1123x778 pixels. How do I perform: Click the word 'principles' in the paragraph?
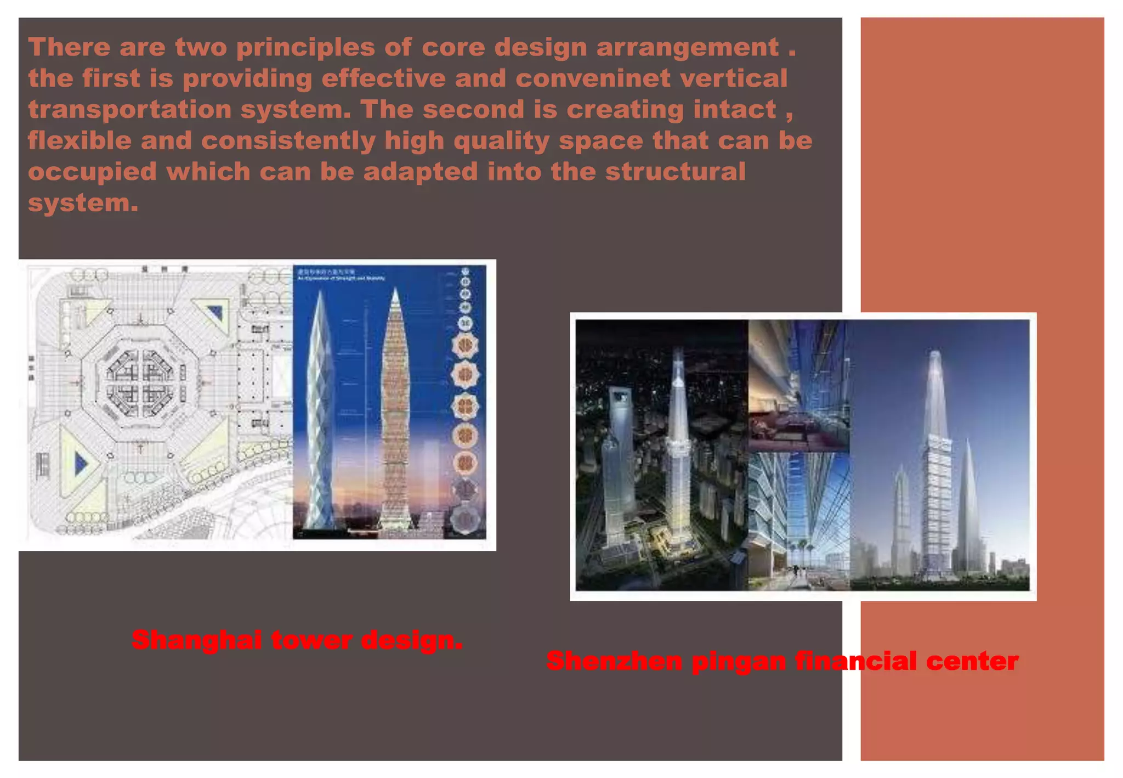pyautogui.click(x=305, y=47)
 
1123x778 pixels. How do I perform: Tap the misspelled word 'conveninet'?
pyautogui.click(x=592, y=78)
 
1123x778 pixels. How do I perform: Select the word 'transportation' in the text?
pyautogui.click(x=130, y=110)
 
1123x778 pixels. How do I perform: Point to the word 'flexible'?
pyautogui.click(x=80, y=141)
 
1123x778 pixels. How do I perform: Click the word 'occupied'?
pyautogui.click(x=92, y=172)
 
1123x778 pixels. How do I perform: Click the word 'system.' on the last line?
pyautogui.click(x=83, y=204)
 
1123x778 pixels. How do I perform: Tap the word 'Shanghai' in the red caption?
pyautogui.click(x=196, y=640)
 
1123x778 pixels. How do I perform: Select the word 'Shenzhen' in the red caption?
pyautogui.click(x=614, y=661)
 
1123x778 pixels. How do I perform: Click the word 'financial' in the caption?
pyautogui.click(x=855, y=661)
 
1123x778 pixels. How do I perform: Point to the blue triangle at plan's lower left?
pyautogui.click(x=81, y=464)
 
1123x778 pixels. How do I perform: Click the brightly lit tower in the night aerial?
pyautogui.click(x=678, y=439)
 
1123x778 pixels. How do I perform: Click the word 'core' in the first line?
pyautogui.click(x=453, y=47)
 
